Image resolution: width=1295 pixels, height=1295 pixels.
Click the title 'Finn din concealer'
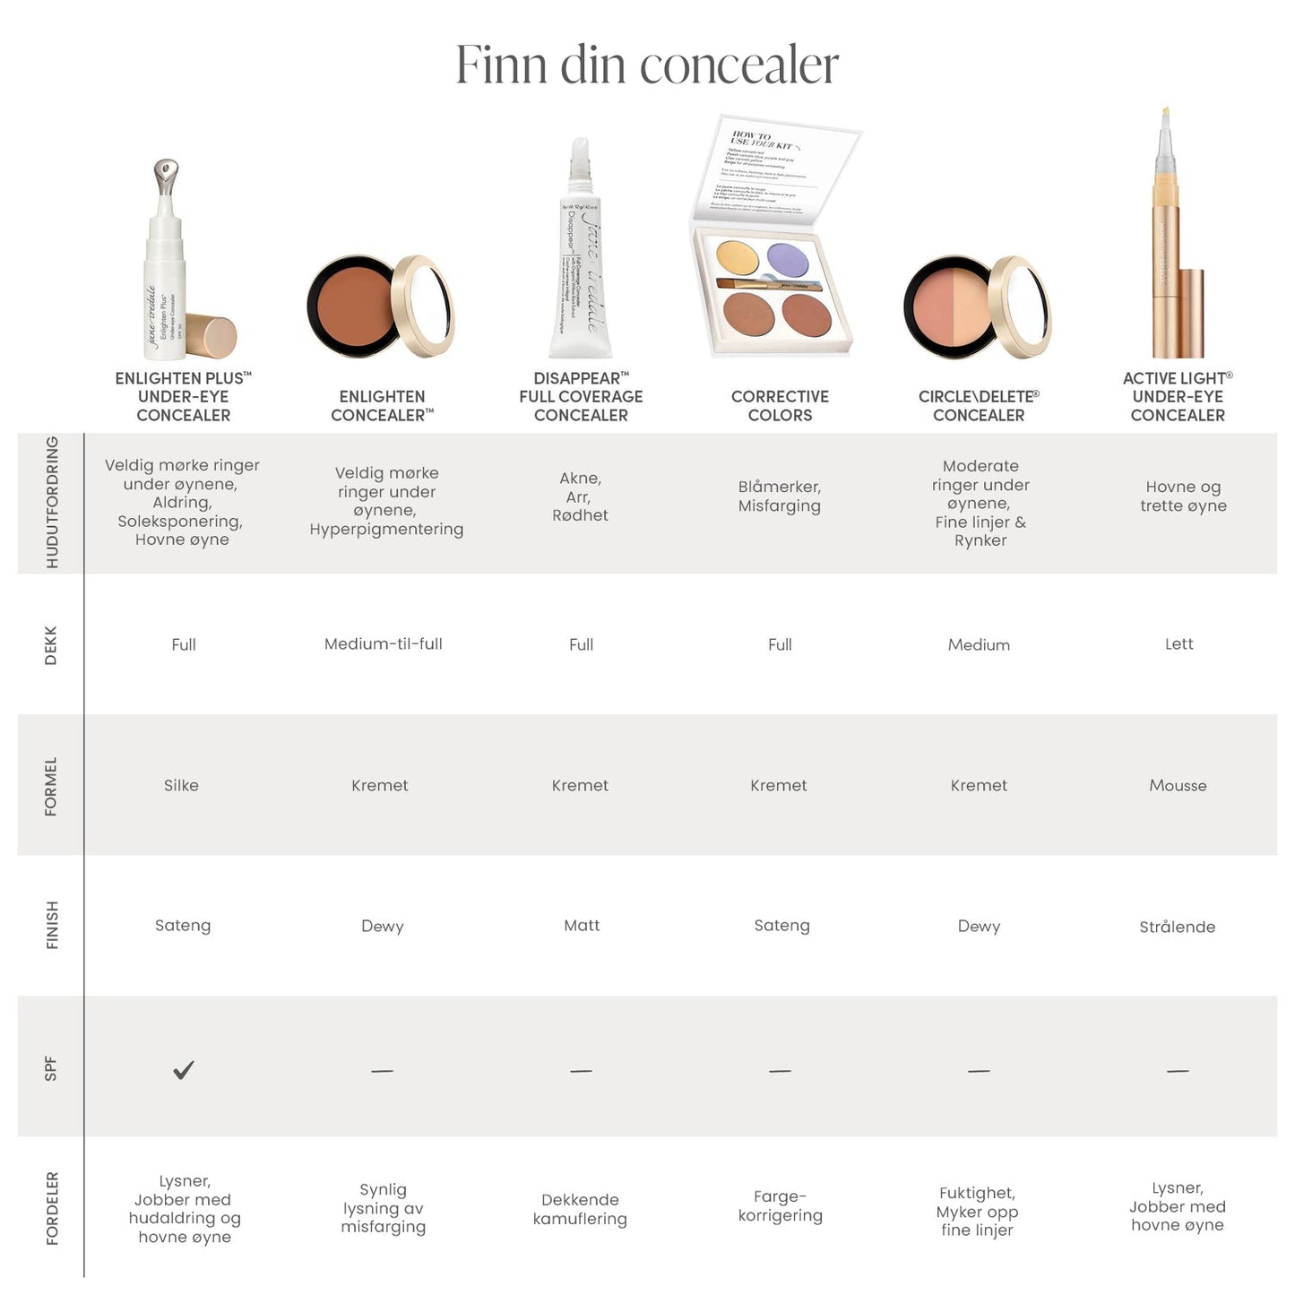[647, 65]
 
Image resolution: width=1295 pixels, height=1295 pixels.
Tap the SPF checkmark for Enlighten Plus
[184, 1069]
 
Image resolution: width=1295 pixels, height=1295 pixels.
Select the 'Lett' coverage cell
[1178, 643]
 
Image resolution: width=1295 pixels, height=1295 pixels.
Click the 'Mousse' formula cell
[1178, 785]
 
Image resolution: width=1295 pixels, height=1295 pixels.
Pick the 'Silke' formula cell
[181, 785]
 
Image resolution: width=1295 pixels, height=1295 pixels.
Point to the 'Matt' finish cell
[582, 925]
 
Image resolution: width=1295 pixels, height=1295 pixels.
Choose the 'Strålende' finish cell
[1177, 927]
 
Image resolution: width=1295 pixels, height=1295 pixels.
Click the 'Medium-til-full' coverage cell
[384, 643]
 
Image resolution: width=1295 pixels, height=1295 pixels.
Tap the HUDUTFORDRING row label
[52, 502]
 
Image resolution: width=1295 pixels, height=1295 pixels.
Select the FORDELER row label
[52, 1208]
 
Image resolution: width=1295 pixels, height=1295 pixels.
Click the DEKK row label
[51, 644]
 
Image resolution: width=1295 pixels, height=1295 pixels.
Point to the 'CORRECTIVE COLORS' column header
[780, 405]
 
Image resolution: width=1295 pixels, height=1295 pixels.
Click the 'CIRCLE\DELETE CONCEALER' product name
[979, 405]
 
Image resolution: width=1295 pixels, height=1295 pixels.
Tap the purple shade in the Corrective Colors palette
[788, 260]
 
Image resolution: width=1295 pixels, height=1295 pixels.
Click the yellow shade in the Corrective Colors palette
[738, 257]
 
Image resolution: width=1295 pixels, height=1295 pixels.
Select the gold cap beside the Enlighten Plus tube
[214, 337]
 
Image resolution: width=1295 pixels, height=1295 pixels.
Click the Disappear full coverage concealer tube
[581, 260]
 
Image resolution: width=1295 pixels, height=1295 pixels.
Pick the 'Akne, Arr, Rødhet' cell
[580, 496]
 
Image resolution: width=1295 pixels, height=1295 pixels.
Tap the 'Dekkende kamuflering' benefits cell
[580, 1209]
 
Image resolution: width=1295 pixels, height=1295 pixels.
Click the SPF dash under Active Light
[1178, 1070]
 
